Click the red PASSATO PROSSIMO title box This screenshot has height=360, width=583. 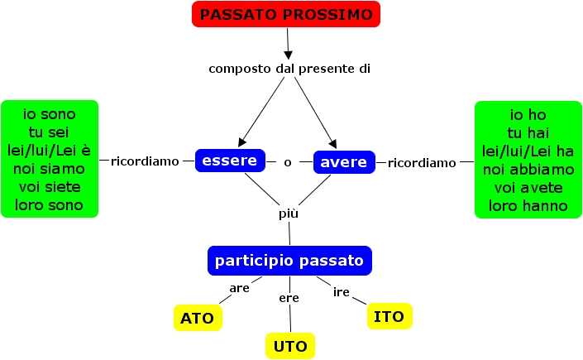click(x=286, y=14)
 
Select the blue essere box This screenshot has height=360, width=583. click(x=230, y=161)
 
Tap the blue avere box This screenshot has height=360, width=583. click(x=344, y=162)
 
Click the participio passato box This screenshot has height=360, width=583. click(x=289, y=261)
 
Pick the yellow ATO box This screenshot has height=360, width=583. click(x=198, y=318)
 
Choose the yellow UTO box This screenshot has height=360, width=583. click(x=290, y=346)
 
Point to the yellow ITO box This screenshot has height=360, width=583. click(x=389, y=316)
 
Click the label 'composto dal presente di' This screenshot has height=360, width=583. click(x=289, y=68)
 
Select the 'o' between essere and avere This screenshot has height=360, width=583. click(x=288, y=162)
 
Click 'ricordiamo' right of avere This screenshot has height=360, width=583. click(x=422, y=163)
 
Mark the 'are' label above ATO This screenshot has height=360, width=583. click(x=240, y=287)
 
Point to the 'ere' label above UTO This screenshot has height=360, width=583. click(x=289, y=298)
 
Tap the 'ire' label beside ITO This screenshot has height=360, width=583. click(x=342, y=292)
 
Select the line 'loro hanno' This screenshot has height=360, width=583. click(x=527, y=205)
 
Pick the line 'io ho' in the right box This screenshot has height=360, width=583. click(x=527, y=114)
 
